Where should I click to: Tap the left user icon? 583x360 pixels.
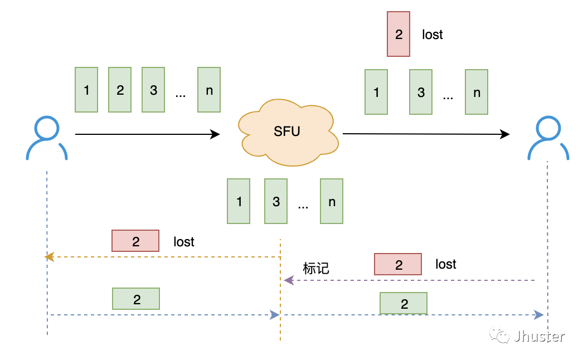[x=47, y=138]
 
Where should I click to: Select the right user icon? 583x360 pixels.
[x=548, y=138]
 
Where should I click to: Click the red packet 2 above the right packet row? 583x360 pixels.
[x=399, y=34]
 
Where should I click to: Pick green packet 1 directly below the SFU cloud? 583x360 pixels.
[x=239, y=201]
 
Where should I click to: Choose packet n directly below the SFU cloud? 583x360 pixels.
[x=332, y=201]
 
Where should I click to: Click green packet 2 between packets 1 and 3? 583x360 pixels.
[x=120, y=90]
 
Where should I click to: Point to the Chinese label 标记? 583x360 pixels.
[x=316, y=268]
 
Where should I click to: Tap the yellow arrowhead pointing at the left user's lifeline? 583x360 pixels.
[x=50, y=257]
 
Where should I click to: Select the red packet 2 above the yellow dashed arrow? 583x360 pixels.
[x=135, y=241]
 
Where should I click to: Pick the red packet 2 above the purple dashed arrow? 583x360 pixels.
[x=398, y=264]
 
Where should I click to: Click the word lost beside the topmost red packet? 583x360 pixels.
[x=433, y=35]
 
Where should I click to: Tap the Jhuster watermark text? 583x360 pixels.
[x=539, y=337]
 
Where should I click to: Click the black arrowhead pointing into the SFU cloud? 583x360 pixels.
[x=215, y=134]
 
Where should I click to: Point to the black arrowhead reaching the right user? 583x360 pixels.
[x=505, y=134]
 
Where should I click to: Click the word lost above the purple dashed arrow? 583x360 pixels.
[x=446, y=264]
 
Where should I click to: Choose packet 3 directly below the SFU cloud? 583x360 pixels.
[x=276, y=201]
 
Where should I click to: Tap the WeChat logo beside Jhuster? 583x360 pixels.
[x=499, y=335]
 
